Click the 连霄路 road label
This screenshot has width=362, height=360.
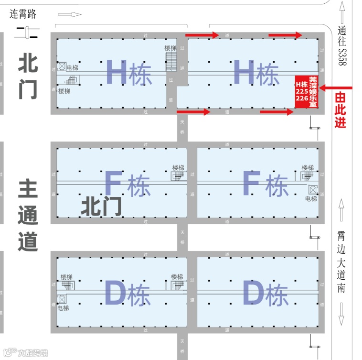[x=23, y=14]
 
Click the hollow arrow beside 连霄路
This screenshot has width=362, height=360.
[x=70, y=14]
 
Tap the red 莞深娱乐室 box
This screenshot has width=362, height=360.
[x=307, y=91]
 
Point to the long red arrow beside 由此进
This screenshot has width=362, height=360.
[x=336, y=88]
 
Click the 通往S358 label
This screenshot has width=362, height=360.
[x=341, y=45]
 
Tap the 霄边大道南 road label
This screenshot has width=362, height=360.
[x=341, y=262]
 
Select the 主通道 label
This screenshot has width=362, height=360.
[x=28, y=215]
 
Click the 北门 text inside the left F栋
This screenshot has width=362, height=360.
[x=101, y=207]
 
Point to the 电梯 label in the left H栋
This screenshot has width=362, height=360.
[x=72, y=67]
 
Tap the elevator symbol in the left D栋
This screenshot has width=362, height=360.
[x=61, y=299]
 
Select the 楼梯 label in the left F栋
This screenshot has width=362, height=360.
[x=179, y=168]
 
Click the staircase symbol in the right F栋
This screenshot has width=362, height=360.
[x=308, y=177]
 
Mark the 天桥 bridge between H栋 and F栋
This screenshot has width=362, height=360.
[x=182, y=126]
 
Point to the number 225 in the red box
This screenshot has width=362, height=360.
[x=301, y=91]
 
